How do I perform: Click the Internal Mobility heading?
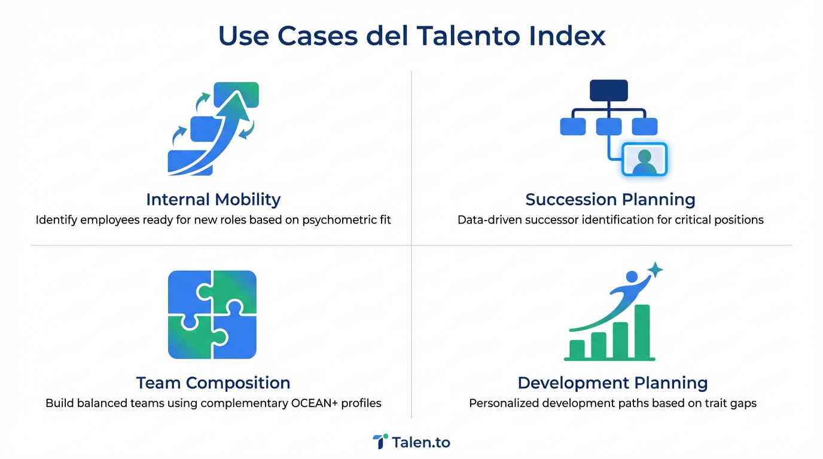coord(213,199)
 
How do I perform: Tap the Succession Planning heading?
coord(610,199)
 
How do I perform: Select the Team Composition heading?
coord(213,382)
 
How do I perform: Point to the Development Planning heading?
coord(612,382)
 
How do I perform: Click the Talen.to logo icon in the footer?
coord(380,442)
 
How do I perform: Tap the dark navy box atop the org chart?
coord(608,90)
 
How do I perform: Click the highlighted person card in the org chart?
coord(644,159)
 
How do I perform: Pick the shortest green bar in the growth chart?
coord(577,348)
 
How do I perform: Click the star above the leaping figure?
coord(655,270)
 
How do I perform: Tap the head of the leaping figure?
coord(632,277)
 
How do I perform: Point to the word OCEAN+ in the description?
coord(315,403)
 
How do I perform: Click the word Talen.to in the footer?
coord(421,442)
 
